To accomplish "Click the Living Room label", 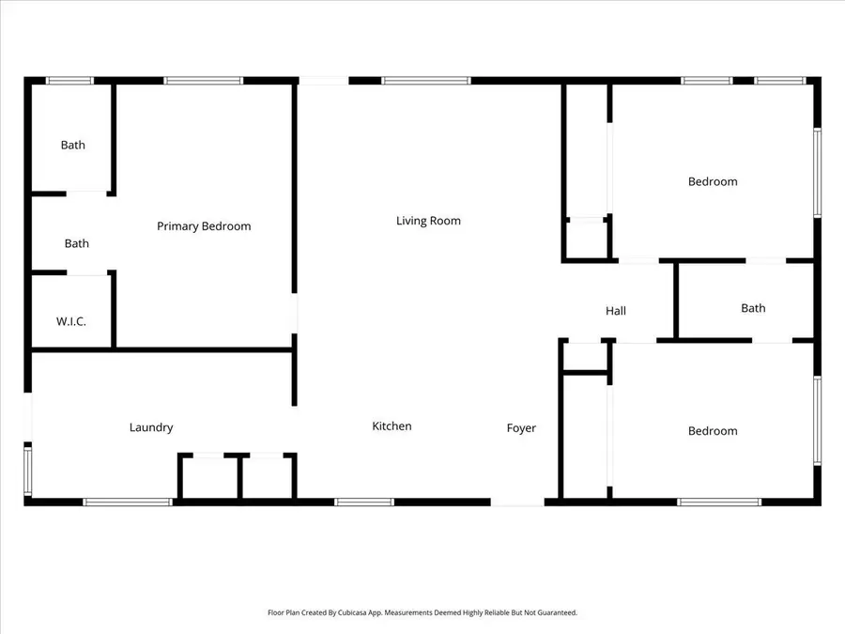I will (428, 221).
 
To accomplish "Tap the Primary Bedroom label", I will (204, 226).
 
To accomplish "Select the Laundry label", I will (151, 427).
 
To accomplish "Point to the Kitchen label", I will (392, 426).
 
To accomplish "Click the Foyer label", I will (521, 428).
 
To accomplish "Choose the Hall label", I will (616, 311).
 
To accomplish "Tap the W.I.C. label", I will (71, 321).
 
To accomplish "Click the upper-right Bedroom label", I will (713, 181).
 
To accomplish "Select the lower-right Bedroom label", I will (713, 431).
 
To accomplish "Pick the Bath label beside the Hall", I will (753, 308).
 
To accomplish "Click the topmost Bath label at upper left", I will (73, 145).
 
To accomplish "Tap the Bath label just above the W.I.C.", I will (77, 243).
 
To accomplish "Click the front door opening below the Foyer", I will (517, 503).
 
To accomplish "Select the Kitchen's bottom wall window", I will (364, 502).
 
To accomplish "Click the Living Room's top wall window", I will (426, 81).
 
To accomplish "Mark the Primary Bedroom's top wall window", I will (204, 81).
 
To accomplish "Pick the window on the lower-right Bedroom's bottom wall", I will (719, 502).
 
